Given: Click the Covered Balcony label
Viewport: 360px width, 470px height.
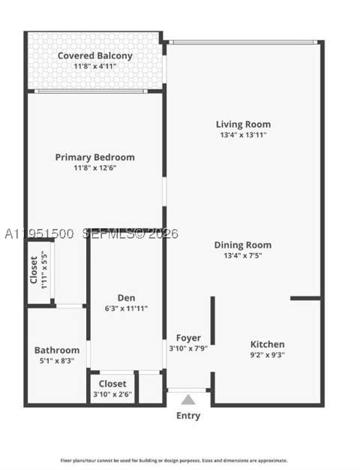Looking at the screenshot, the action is coord(95,56).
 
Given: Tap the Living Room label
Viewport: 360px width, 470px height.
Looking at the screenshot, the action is coord(243,124).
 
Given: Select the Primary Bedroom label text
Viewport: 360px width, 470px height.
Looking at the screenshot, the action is coord(95,158).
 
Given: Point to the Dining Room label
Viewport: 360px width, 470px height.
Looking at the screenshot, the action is coord(243,245).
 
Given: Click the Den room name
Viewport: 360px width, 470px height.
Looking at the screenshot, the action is coord(126,297).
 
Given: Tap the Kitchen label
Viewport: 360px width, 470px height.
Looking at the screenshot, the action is coord(268,344).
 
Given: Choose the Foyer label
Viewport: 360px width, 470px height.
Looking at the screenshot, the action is coord(188,338).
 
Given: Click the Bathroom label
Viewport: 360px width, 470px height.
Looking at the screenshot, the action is coord(57,350).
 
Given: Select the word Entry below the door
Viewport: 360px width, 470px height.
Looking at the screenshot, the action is coord(188,416).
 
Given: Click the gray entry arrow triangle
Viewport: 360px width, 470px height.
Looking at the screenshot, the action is coord(188,400).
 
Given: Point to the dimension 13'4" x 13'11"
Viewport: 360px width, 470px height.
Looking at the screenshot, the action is coord(243,135).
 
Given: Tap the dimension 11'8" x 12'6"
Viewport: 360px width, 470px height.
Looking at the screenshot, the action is coord(95,168).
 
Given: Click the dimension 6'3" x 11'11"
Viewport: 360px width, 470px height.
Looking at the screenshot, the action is coord(126,309).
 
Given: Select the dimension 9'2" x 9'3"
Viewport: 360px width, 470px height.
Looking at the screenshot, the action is coord(268,355).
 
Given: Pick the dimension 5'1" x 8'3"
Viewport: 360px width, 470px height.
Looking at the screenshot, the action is coord(57,360).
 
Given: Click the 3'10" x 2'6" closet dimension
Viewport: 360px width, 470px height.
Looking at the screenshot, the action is coord(112,394).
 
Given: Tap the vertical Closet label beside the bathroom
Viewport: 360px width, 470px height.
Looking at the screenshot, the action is coord(34,270).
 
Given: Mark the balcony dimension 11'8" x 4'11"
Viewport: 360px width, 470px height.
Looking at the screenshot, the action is coord(95,66).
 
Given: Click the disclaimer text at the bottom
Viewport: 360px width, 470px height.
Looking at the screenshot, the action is coord(174,460).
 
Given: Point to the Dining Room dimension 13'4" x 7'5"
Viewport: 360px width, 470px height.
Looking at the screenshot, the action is coord(243,256).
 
